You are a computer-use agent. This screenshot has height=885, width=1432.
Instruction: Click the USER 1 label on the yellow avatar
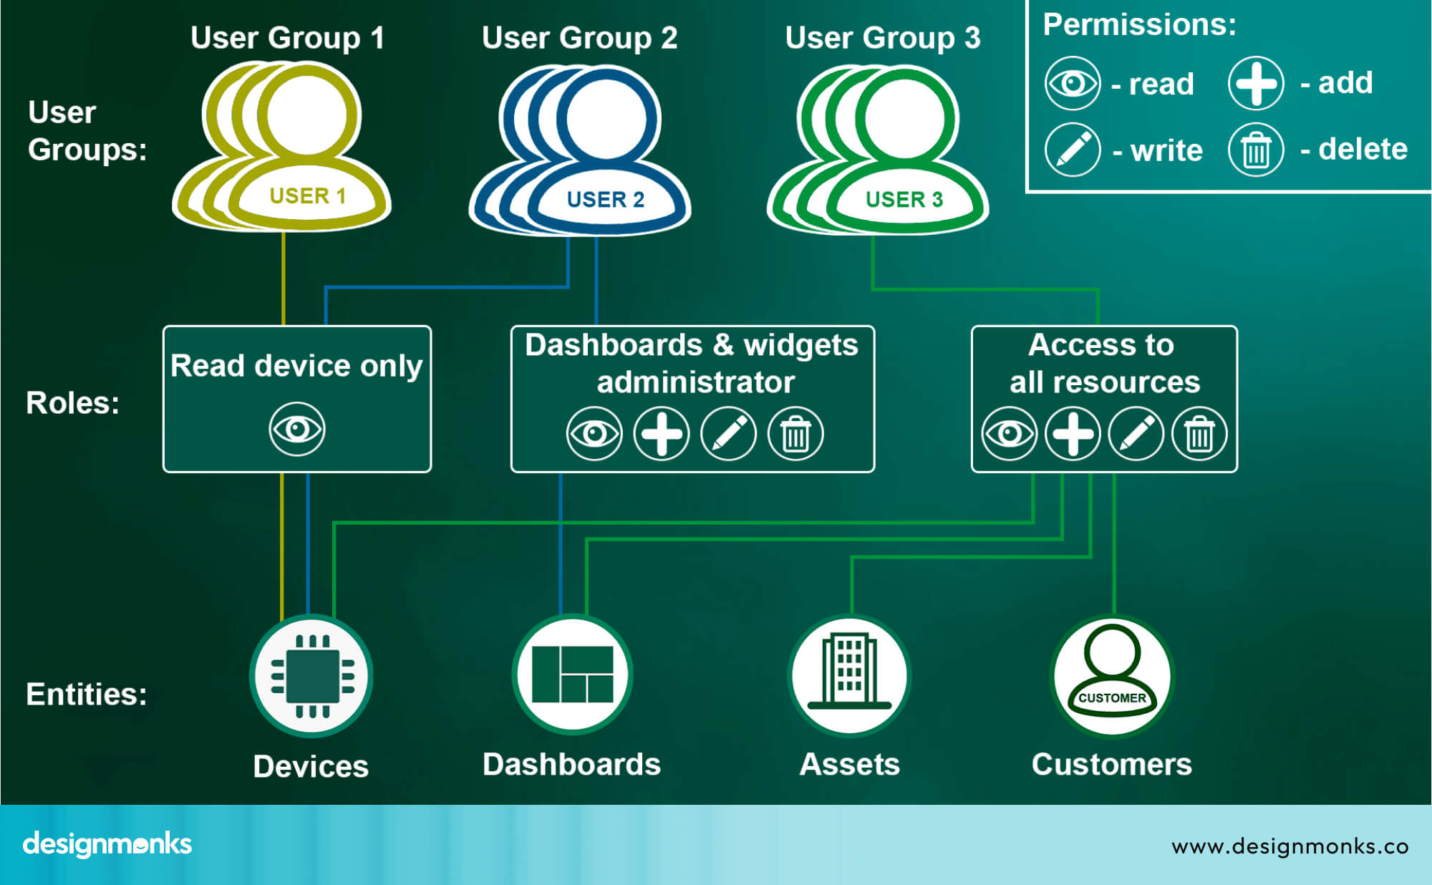(307, 195)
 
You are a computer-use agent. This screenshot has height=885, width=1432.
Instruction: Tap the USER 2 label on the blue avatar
(605, 199)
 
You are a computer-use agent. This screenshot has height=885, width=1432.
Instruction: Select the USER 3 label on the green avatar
(904, 199)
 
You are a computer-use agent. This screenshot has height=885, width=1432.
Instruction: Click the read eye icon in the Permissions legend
(1072, 83)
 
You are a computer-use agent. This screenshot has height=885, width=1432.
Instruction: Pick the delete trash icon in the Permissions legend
(1256, 150)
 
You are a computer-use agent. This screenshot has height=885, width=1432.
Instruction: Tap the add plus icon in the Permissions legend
(1256, 83)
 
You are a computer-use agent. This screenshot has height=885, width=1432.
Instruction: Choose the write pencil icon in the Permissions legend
(1072, 150)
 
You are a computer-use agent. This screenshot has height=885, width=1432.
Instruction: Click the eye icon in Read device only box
(297, 429)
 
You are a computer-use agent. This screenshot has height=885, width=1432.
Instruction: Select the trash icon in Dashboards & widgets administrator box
(795, 433)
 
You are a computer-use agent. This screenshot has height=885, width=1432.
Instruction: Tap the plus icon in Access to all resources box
(1073, 433)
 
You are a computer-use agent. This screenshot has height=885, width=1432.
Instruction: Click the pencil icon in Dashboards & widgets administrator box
(728, 433)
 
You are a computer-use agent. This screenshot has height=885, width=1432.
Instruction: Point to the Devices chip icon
(311, 676)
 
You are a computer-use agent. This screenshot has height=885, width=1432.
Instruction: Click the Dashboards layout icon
(572, 674)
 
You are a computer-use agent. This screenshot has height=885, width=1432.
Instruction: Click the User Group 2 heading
(579, 38)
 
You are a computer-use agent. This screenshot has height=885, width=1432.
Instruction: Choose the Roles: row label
(72, 402)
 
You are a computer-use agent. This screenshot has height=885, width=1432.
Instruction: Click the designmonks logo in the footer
(107, 844)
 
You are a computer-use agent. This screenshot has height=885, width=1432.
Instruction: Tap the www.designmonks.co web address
(1290, 846)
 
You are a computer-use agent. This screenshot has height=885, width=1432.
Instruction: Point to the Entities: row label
(86, 694)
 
